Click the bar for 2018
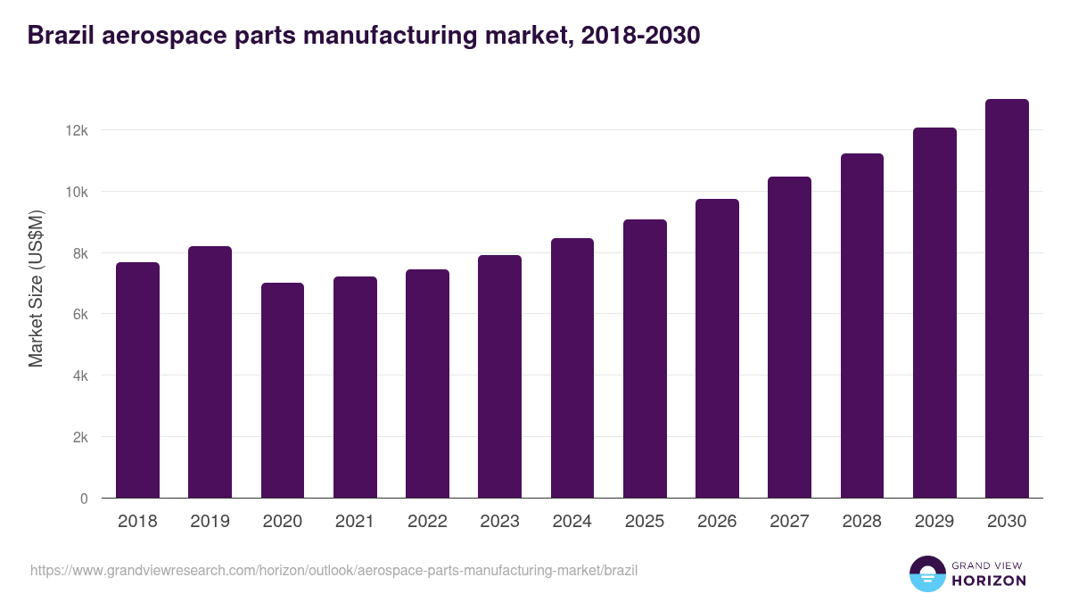[x=137, y=380]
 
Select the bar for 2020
[x=283, y=390]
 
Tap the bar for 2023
[x=499, y=376]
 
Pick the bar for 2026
[x=717, y=348]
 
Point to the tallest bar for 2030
[x=1007, y=299]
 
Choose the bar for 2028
[x=861, y=326]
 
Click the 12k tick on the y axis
[x=77, y=130]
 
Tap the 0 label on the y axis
[x=84, y=499]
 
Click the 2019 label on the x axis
[x=210, y=522]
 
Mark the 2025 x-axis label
[x=645, y=522]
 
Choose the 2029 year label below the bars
[x=934, y=522]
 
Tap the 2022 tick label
[x=427, y=522]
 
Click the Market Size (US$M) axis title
[x=36, y=288]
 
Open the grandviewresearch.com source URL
[x=333, y=570]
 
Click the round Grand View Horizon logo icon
[x=926, y=573]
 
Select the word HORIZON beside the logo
[x=989, y=581]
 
